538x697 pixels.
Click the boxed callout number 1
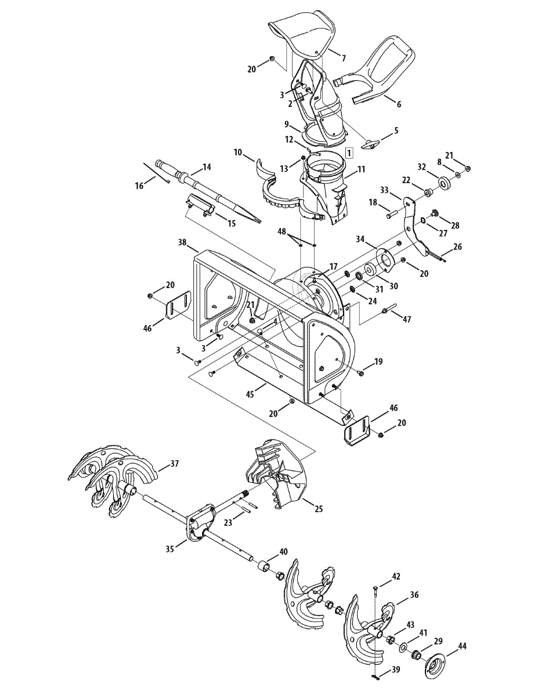[349, 153]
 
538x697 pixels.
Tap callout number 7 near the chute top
[343, 58]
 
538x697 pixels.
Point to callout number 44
[463, 645]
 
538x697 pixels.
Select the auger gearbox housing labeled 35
[197, 522]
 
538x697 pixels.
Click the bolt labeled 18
[390, 215]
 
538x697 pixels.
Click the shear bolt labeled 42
[375, 591]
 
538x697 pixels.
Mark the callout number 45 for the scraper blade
[250, 393]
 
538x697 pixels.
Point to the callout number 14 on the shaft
[207, 167]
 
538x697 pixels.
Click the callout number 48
[282, 231]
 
